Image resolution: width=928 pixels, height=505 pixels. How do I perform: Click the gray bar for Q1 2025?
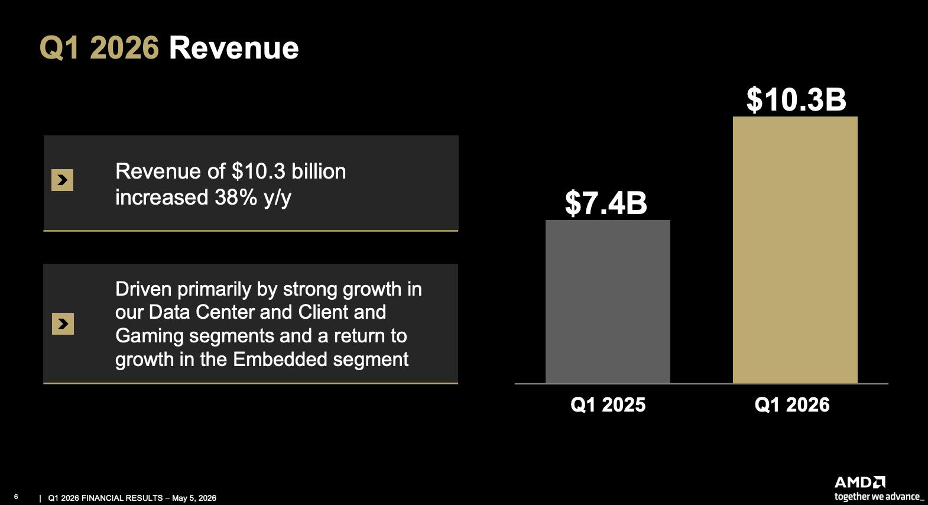coord(608,302)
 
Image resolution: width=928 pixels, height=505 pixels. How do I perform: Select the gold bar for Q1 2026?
coord(795,250)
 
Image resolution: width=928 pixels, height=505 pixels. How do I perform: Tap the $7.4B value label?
coord(606,203)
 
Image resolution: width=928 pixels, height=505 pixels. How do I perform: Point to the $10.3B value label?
coord(796,100)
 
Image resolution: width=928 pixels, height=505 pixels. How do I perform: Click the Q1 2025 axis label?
coord(608,404)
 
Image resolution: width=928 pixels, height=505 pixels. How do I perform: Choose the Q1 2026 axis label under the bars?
coord(792,404)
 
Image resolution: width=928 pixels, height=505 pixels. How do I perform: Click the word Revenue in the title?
coord(233,48)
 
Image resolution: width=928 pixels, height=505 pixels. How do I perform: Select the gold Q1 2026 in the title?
coord(99,48)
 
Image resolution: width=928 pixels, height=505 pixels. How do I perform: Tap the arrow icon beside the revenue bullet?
coord(62,180)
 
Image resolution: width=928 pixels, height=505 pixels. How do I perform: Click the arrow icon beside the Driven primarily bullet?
coord(63,324)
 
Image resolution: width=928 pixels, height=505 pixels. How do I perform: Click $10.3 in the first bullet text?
coord(258,171)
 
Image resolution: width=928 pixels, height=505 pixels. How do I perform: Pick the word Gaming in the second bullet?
coord(149,336)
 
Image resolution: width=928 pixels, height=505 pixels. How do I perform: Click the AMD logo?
coord(859,482)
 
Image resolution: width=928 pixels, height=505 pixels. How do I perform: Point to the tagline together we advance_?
coord(879,497)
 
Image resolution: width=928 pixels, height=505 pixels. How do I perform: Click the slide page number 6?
coord(16,497)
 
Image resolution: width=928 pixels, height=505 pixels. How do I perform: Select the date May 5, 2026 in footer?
coord(194,498)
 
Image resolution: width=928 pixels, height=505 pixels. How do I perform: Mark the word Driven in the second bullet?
coord(144,289)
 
